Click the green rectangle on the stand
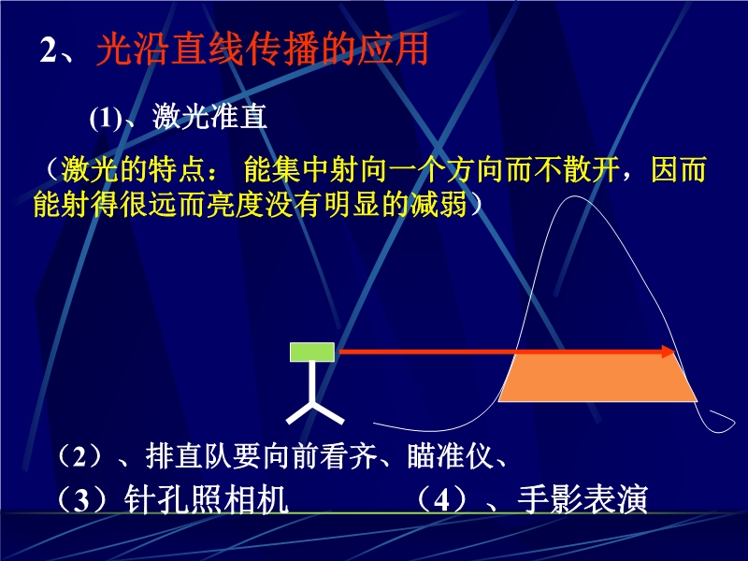pyautogui.click(x=312, y=352)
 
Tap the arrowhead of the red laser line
pyautogui.click(x=669, y=352)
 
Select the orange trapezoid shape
pyautogui.click(x=597, y=376)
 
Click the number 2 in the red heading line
pyautogui.click(x=49, y=50)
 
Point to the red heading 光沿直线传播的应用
pyautogui.click(x=263, y=49)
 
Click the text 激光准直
pyautogui.click(x=209, y=116)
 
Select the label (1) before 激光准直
pyautogui.click(x=106, y=118)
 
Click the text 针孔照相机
pyautogui.click(x=206, y=499)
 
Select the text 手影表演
pyautogui.click(x=583, y=499)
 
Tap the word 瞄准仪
pyautogui.click(x=450, y=455)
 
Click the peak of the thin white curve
pyautogui.click(x=573, y=196)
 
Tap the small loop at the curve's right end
pyautogui.click(x=720, y=423)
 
